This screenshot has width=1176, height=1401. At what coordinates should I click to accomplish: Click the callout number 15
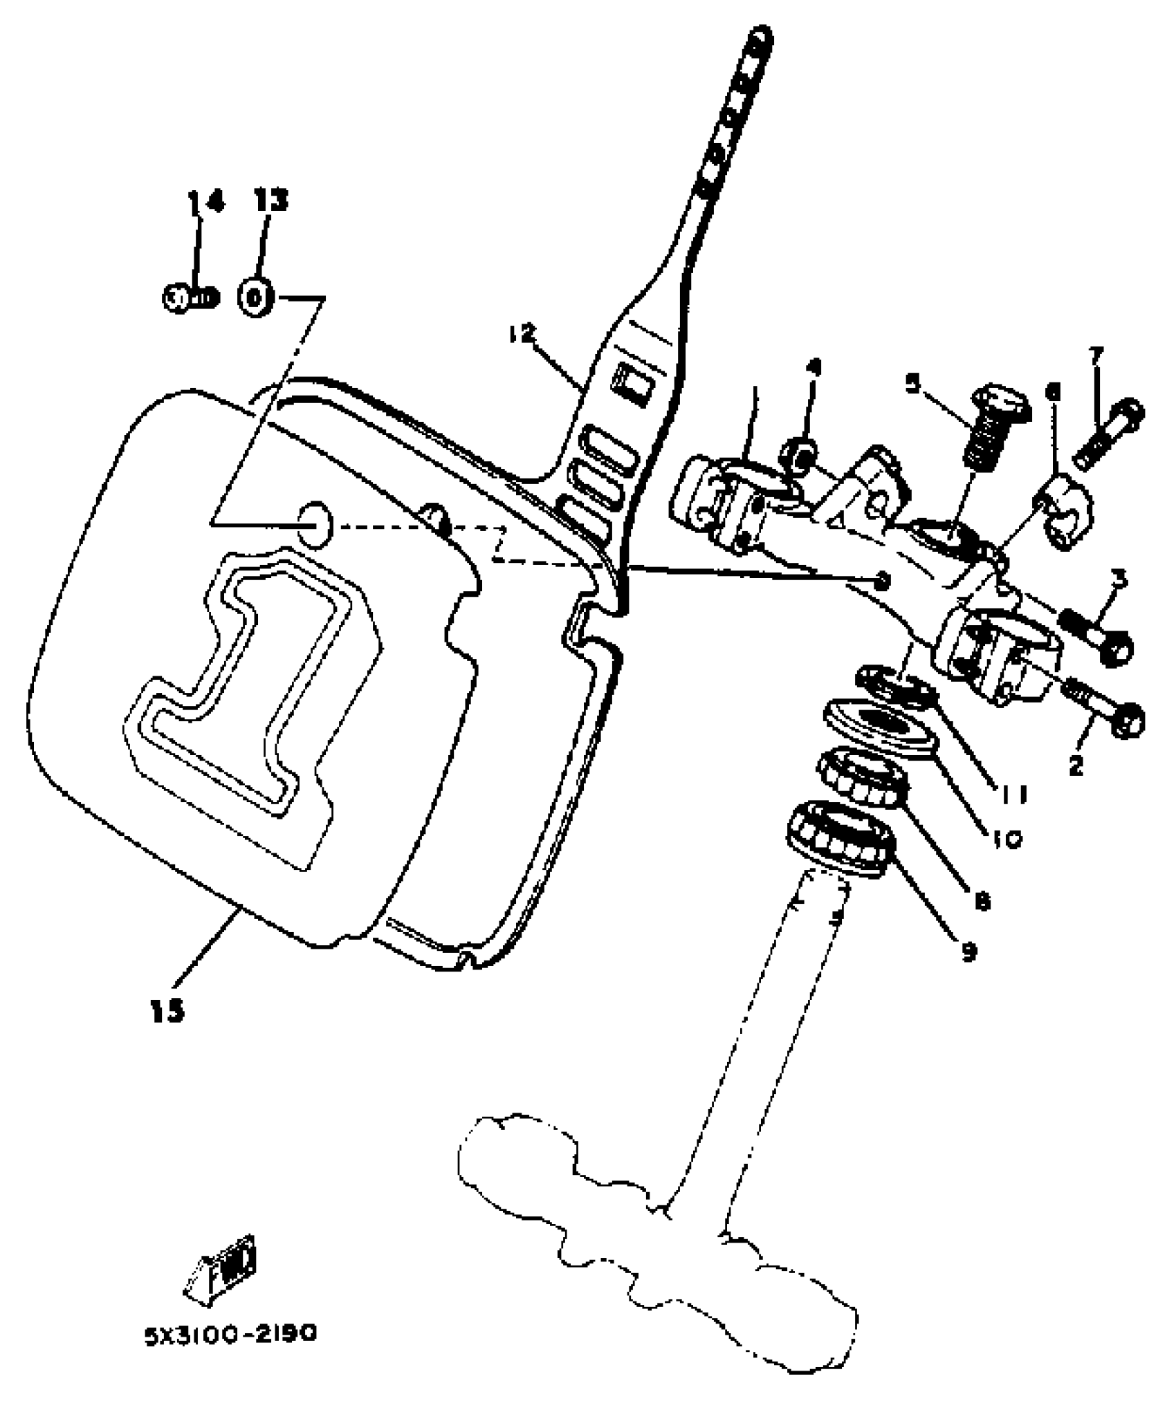pyautogui.click(x=167, y=1012)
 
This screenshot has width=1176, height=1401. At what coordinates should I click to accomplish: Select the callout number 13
pyautogui.click(x=269, y=201)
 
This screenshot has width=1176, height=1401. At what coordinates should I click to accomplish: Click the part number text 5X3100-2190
pyautogui.click(x=230, y=1332)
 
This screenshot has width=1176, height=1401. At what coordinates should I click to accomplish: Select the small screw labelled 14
pyautogui.click(x=190, y=299)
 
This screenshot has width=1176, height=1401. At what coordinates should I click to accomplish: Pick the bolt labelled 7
pyautogui.click(x=1109, y=433)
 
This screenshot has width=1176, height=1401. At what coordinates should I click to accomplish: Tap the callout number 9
pyautogui.click(x=968, y=952)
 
